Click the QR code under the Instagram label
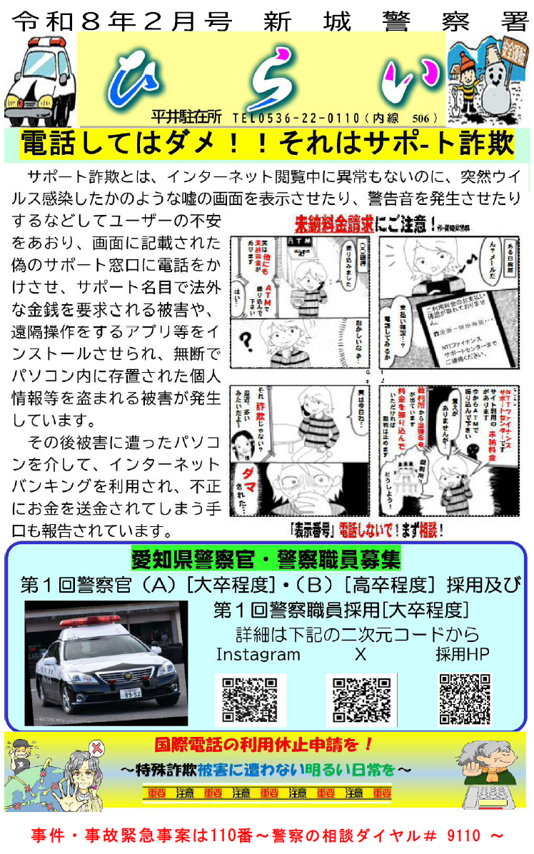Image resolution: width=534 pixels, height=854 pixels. pyautogui.click(x=250, y=700)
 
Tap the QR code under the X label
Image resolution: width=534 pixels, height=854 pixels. pyautogui.click(x=361, y=700)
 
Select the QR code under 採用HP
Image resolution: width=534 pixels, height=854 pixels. pyautogui.click(x=465, y=699)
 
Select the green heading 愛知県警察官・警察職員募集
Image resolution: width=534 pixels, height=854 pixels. pyautogui.click(x=266, y=558)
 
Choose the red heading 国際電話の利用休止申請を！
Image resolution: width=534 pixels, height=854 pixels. pyautogui.click(x=265, y=744)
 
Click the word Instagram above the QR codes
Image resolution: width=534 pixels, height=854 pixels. pyautogui.click(x=258, y=655)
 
